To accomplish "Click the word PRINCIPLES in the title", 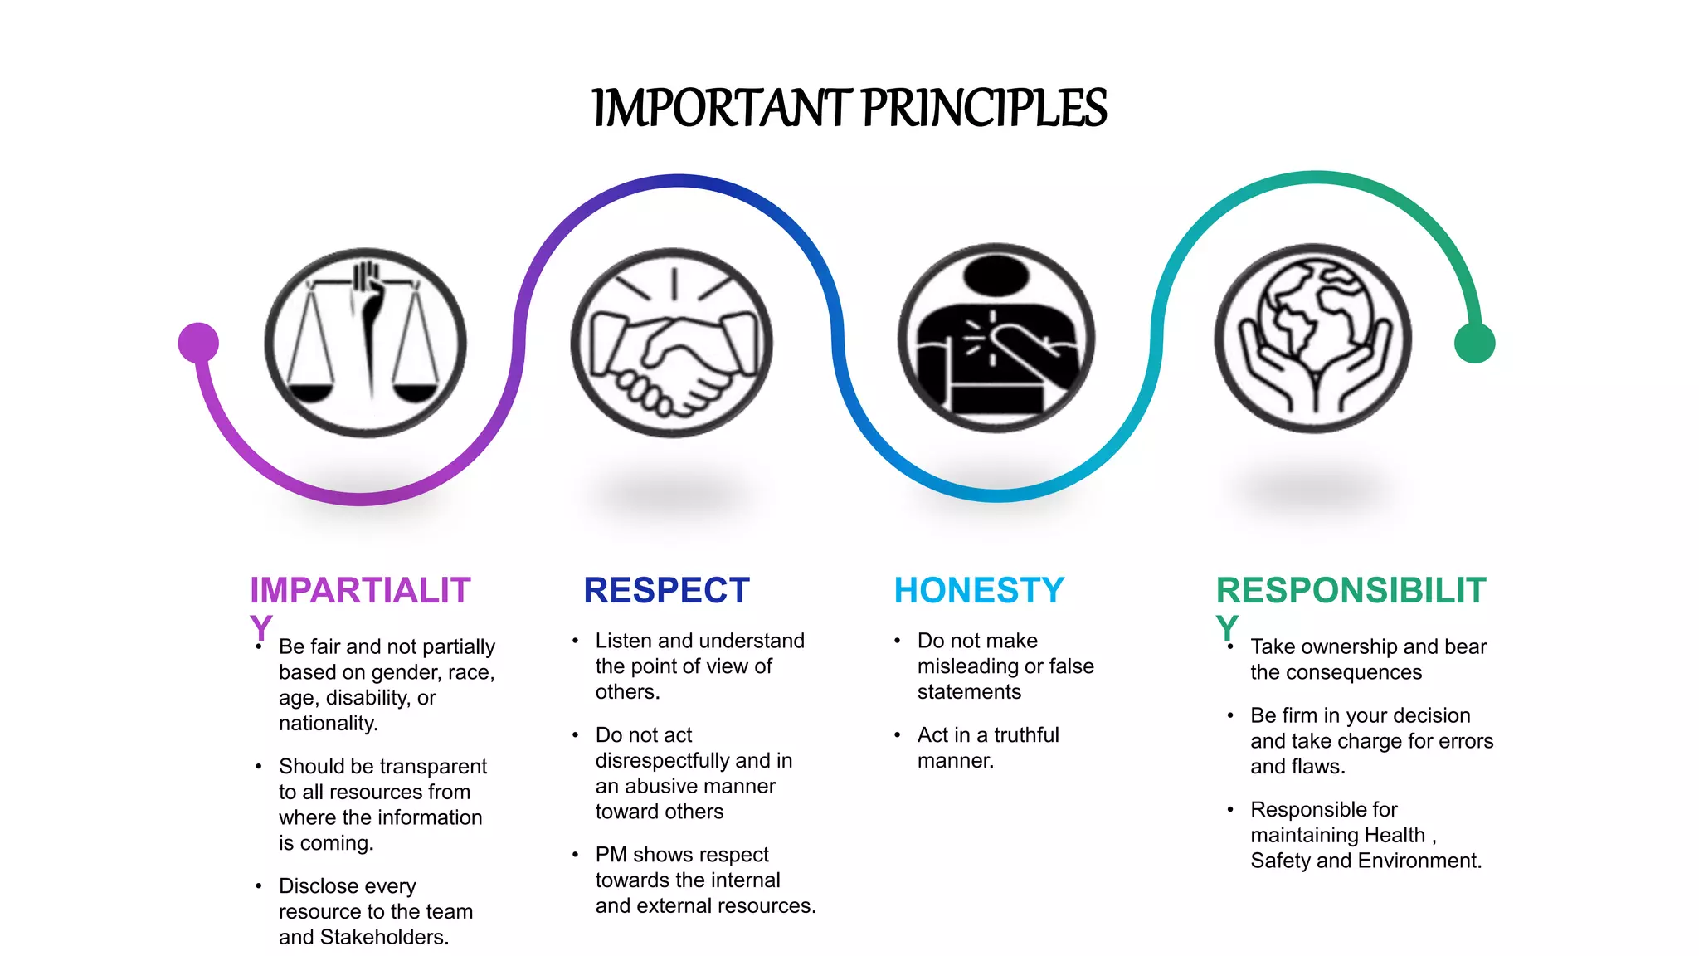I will (x=984, y=109).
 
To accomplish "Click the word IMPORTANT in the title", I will (x=722, y=109).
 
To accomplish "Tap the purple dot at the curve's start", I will (x=198, y=343).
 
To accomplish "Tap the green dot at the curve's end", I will (x=1474, y=343).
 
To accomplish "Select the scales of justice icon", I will (x=365, y=342).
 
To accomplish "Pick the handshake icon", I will (x=671, y=342).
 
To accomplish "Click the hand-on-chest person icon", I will (x=996, y=338).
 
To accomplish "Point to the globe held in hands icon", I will (x=1313, y=338).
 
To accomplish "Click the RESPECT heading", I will (x=666, y=591).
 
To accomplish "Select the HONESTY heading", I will (x=979, y=591).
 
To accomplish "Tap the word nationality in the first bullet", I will (x=328, y=724).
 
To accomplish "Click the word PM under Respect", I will (x=611, y=855).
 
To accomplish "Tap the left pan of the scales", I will (x=309, y=392).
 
